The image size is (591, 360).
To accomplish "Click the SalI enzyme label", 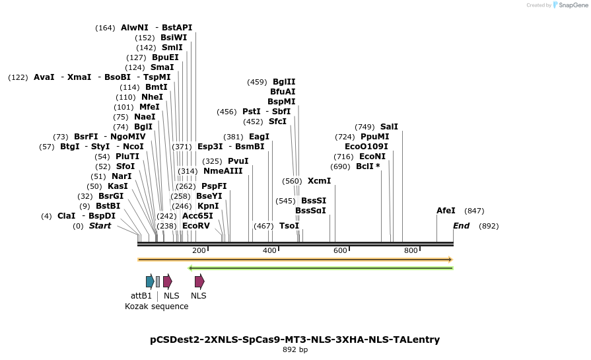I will pos(389,127).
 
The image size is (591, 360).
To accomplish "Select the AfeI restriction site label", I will pos(446,211).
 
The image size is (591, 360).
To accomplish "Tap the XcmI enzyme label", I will pos(320,181).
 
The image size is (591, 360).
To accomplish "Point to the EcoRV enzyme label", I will pos(196,226).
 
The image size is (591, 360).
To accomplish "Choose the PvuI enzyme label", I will pos(238,161).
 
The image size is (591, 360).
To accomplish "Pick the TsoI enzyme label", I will pos(289,226).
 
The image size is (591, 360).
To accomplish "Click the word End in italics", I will pos(461,226).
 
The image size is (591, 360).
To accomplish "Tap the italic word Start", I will pos(100,226).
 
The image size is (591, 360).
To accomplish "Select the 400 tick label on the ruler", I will pos(269,251).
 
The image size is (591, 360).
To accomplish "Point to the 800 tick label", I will pos(411,251).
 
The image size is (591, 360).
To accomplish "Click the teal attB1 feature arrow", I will pos(150,281).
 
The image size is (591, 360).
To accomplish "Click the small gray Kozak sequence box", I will pos(158,281).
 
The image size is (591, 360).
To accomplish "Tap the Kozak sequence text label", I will pos(156,306).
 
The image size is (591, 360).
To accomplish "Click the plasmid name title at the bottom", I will pos(295,340).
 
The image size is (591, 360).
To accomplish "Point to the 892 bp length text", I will pos(295,350).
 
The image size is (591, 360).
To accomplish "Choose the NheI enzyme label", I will pos(152,97).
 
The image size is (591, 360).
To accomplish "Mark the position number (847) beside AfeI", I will pos(474,211).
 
